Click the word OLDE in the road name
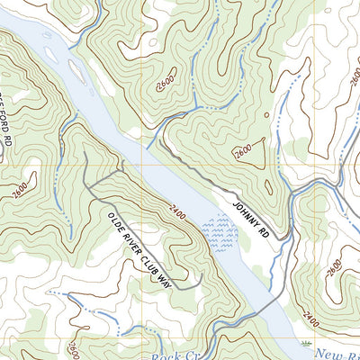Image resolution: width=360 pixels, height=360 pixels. (114, 220)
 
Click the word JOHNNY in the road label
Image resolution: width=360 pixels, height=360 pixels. (245, 211)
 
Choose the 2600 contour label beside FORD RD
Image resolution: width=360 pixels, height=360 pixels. (21, 188)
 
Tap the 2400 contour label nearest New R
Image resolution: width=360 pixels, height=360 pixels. (310, 319)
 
